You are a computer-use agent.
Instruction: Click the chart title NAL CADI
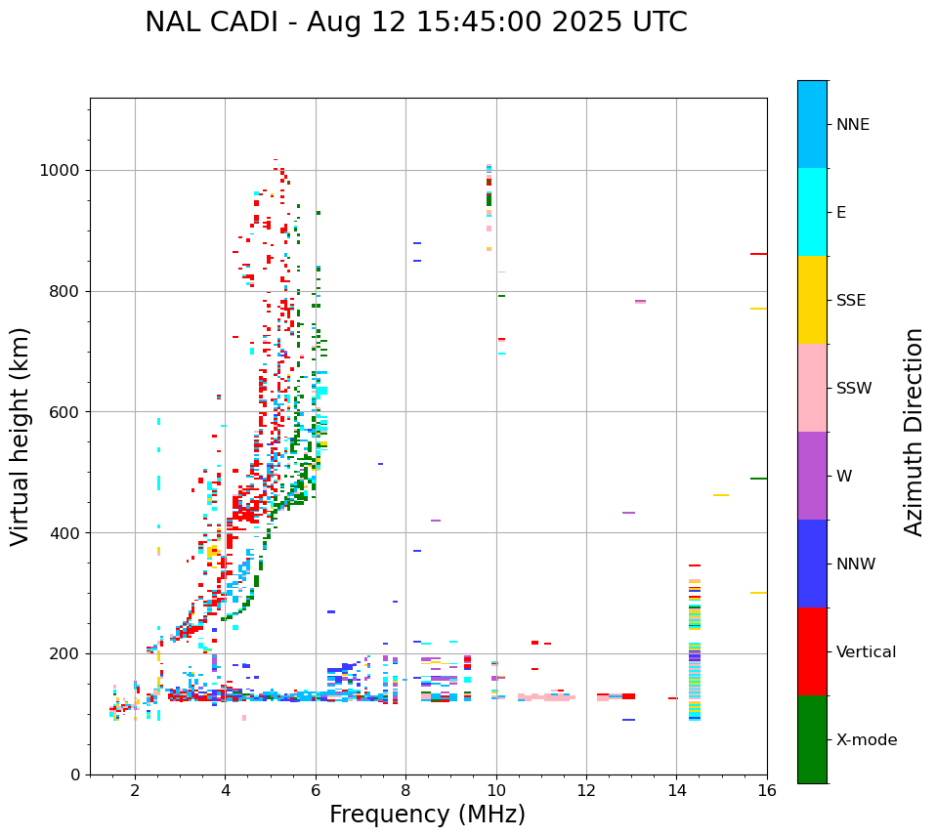click(x=415, y=22)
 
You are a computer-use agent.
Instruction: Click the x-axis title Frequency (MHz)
click(x=427, y=815)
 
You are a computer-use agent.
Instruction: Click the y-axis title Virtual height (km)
click(x=21, y=436)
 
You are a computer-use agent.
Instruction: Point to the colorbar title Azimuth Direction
click(x=914, y=432)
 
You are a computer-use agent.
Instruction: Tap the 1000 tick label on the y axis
click(x=59, y=171)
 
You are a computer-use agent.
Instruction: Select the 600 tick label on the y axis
click(x=64, y=412)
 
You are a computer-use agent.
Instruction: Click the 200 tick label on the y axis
click(x=64, y=653)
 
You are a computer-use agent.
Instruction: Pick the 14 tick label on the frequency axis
click(x=676, y=791)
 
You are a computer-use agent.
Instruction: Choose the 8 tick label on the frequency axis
click(x=405, y=791)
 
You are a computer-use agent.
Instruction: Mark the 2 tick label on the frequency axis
click(x=135, y=791)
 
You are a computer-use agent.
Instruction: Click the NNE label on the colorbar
click(x=852, y=125)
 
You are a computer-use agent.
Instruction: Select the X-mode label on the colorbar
click(x=866, y=740)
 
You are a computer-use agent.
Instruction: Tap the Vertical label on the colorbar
click(x=866, y=652)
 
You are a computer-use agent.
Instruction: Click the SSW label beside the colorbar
click(x=854, y=389)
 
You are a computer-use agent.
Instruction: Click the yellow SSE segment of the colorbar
click(x=812, y=300)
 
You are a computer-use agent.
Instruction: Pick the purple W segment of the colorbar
click(x=812, y=476)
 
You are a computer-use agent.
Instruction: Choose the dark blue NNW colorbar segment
click(x=812, y=564)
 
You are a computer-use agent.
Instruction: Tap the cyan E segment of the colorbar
click(x=812, y=212)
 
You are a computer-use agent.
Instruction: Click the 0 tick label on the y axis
click(x=75, y=774)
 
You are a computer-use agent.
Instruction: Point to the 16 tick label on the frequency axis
click(x=767, y=791)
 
